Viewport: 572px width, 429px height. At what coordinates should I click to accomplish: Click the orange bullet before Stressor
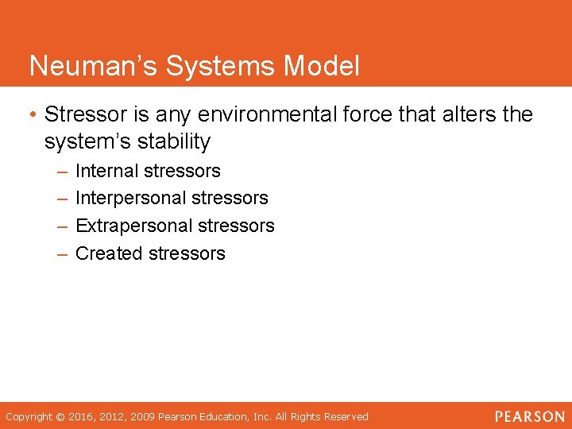click(33, 114)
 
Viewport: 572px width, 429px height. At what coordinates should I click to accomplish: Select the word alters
click(458, 114)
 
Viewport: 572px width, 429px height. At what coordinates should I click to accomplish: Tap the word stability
click(175, 142)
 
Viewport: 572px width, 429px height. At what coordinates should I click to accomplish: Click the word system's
click(87, 142)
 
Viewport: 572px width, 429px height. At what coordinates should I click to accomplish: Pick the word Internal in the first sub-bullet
click(107, 171)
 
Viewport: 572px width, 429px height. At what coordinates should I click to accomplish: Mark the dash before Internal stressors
click(62, 171)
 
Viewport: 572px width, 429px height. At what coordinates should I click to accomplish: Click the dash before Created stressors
click(62, 253)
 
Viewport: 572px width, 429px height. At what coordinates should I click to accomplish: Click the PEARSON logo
click(530, 416)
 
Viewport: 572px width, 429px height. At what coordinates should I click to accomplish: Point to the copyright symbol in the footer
click(60, 416)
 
